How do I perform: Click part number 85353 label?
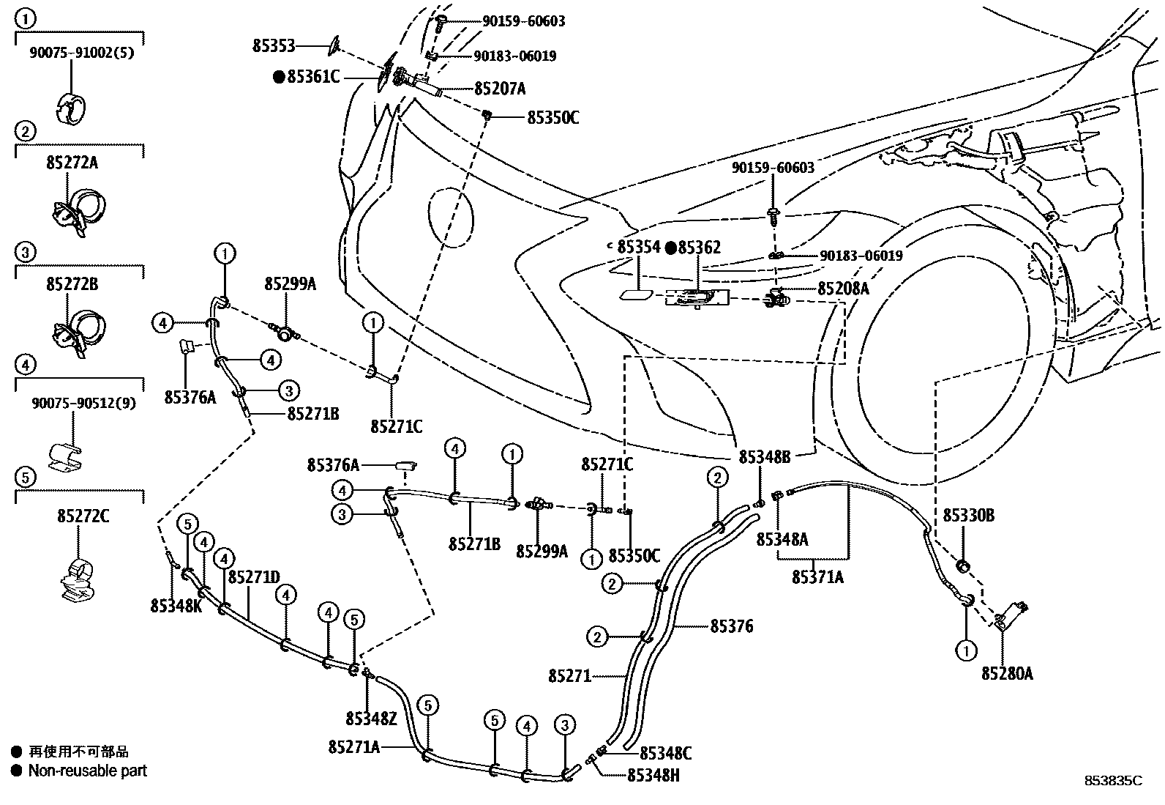pos(274,46)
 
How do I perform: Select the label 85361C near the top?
pos(312,76)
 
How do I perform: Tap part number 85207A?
pos(500,89)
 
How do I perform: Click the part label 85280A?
pos(1007,673)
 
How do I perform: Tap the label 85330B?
pos(968,516)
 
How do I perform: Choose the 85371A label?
pos(817,577)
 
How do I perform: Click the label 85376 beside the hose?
pos(731,626)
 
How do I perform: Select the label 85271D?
pos(254,577)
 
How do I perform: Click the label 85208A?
pos(843,289)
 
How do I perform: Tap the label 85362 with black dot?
pos(698,248)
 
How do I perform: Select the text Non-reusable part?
pos(87,771)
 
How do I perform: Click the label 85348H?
pos(653,775)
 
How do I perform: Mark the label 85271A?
pos(354,746)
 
